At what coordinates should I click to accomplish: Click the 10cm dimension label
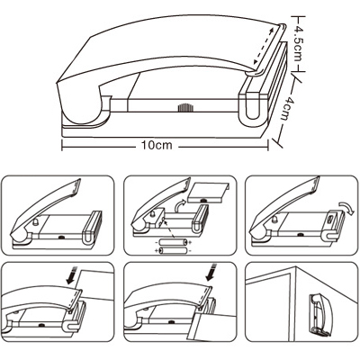157,145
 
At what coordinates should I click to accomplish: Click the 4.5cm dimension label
298,43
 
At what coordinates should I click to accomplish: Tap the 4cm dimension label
286,108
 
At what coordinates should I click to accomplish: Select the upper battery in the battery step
173,242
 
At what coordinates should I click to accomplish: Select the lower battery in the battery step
173,250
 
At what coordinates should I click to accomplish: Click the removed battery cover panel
208,193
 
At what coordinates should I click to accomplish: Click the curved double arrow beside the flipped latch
345,207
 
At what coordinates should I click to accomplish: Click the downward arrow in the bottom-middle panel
211,272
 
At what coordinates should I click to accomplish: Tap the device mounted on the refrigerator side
320,314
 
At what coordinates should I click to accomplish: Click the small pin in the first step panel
36,222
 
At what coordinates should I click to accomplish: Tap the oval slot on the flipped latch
330,220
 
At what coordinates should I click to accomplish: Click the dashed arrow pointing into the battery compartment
170,229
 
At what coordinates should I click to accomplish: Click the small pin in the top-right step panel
275,220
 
